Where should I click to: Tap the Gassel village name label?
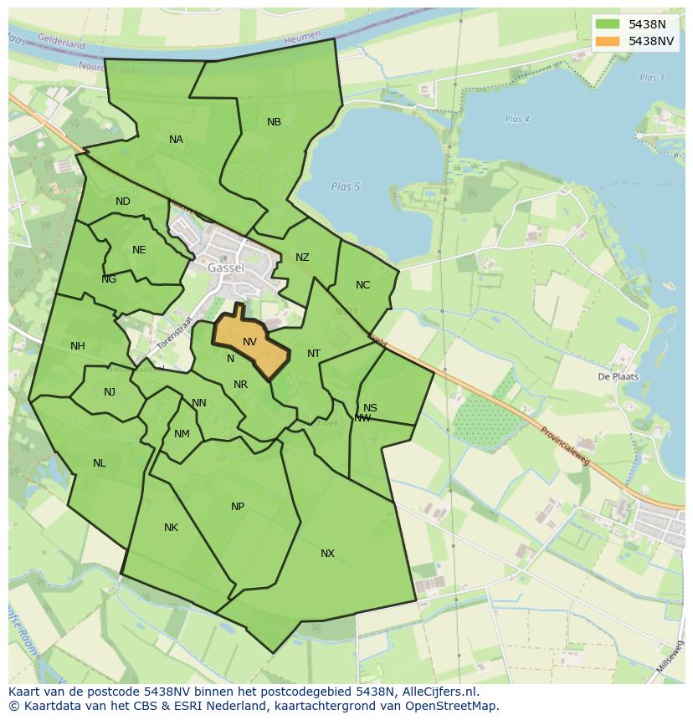pos(226,268)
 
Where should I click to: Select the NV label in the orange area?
pos(249,342)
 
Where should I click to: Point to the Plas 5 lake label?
pos(345,186)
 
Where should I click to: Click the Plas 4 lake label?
pos(517,120)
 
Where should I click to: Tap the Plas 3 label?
pos(651,78)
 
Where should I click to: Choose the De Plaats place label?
pos(618,376)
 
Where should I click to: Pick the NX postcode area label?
pos(327,554)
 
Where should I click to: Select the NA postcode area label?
pos(176,140)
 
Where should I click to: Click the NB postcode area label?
pos(274,122)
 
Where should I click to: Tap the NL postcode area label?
pos(100,463)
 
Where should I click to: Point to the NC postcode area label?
pos(362,285)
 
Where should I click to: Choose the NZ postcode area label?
pos(302,258)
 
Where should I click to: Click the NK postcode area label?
pos(171,528)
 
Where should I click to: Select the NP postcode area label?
pos(238,507)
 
